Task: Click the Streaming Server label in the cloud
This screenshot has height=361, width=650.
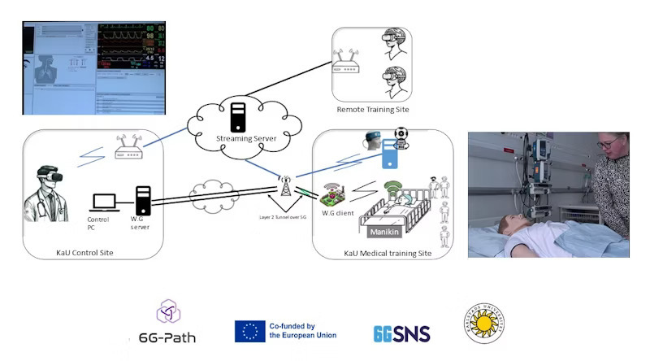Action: click(246, 139)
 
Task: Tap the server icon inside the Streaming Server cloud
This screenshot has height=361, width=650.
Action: click(238, 116)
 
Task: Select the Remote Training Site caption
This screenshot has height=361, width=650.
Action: click(372, 109)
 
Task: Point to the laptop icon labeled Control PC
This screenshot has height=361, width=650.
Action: click(104, 202)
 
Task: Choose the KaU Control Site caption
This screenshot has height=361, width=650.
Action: click(80, 253)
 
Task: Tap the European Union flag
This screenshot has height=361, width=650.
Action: click(249, 331)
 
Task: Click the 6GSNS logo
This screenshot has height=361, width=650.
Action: click(401, 333)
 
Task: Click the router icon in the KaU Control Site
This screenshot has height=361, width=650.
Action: click(128, 149)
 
